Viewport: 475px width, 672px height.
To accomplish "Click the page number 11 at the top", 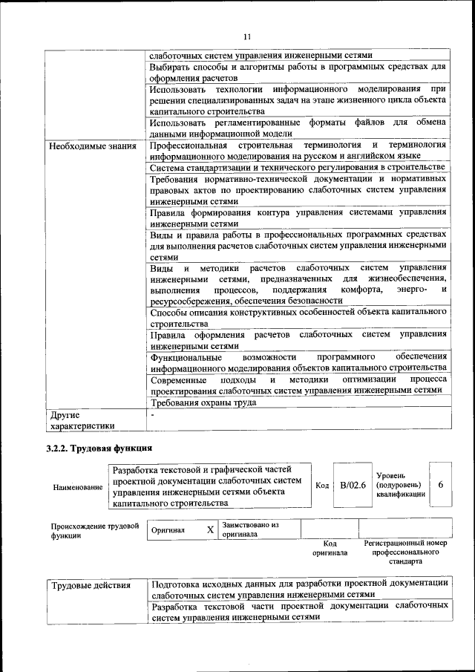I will click(248, 35).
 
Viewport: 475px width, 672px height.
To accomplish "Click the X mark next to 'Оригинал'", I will click(210, 530).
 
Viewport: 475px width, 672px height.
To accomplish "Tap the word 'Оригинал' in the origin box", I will click(168, 531).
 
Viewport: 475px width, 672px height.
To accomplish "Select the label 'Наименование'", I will click(77, 487).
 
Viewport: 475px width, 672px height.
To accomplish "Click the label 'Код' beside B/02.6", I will click(322, 486).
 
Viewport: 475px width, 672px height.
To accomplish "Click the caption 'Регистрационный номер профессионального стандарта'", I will click(405, 552).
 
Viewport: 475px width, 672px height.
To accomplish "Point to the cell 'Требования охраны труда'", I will click(203, 403).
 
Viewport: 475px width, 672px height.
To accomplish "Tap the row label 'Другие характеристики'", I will click(72, 420).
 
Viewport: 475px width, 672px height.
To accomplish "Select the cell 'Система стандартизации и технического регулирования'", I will click(297, 168).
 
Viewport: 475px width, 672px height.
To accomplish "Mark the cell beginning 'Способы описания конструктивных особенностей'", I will click(297, 318).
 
